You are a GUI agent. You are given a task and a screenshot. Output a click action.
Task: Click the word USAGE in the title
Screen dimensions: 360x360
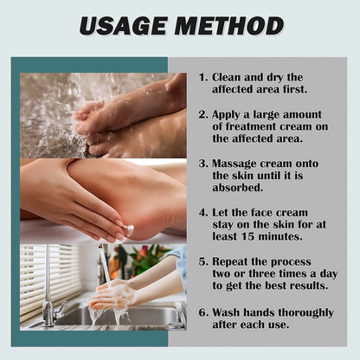coord(124,26)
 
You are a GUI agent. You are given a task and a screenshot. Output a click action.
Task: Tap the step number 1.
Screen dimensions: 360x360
coord(202,76)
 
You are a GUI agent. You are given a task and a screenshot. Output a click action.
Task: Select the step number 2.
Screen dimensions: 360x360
coord(202,113)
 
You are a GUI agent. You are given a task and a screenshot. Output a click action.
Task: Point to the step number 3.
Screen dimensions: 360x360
coord(202,162)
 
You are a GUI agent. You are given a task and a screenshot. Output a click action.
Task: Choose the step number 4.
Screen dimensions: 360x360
coord(202,210)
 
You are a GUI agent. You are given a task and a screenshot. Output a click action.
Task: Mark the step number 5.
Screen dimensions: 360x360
coord(202,259)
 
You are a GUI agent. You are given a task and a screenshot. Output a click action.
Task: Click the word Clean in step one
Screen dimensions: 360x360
coord(230,76)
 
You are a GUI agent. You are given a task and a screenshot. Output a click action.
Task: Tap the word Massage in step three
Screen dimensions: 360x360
coord(237,162)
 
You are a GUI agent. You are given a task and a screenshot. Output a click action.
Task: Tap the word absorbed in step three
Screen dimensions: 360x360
coord(240,186)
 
